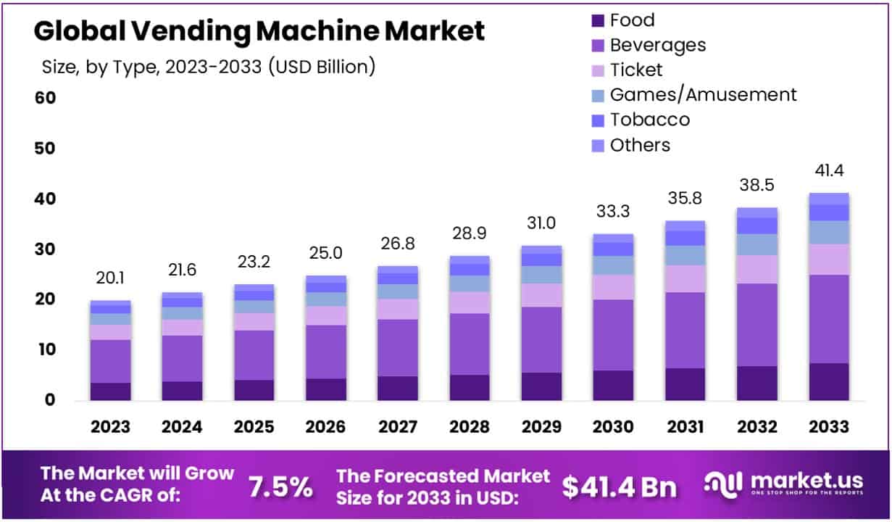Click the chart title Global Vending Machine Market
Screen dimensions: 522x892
259,31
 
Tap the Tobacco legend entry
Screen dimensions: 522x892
649,119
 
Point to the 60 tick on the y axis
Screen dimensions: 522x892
45,98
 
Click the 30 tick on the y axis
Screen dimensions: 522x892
45,249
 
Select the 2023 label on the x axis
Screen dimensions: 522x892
110,426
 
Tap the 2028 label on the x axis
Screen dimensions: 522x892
469,426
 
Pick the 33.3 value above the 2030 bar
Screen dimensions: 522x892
612,212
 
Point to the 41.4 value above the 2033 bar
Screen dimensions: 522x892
828,171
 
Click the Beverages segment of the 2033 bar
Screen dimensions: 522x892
828,319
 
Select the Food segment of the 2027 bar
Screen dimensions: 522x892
397,388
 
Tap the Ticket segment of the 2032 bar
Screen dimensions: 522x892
756,269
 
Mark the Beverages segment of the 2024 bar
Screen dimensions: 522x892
182,358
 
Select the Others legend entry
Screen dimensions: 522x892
640,144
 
